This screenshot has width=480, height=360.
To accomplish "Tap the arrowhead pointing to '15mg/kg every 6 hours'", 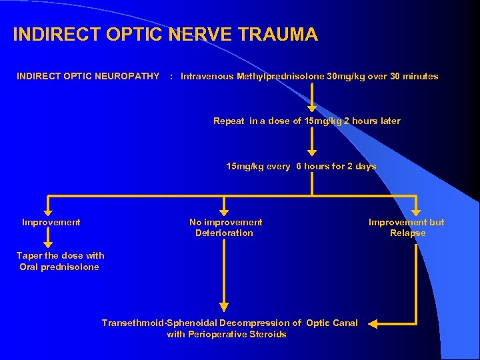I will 312,153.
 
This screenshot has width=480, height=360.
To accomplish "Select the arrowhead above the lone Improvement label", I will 47,208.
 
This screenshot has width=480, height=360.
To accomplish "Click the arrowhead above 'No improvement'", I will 223,208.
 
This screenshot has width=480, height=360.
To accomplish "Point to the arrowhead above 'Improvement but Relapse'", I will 416,208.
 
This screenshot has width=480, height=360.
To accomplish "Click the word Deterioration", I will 224,233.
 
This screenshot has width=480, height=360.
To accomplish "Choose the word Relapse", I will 407,233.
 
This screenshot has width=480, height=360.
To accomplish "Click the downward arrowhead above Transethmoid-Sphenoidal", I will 224,307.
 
